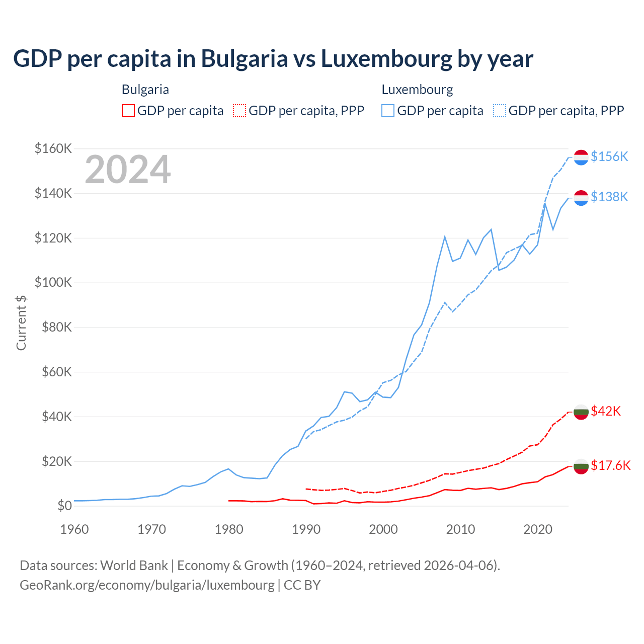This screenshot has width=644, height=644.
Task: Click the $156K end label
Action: [609, 156]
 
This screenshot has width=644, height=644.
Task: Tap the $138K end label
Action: [609, 197]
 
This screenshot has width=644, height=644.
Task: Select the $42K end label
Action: [606, 411]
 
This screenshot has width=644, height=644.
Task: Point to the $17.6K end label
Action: [610, 465]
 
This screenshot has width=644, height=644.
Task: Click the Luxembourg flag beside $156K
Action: [581, 157]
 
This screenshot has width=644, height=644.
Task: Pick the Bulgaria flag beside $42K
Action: [581, 412]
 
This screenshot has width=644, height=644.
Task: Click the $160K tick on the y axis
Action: [53, 148]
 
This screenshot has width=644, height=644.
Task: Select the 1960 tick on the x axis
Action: [74, 529]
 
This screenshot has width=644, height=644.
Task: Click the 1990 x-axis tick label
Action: [306, 529]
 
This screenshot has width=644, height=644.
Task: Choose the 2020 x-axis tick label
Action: [538, 529]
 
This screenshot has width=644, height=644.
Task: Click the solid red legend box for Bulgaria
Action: [128, 111]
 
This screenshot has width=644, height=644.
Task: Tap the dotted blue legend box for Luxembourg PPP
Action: [500, 111]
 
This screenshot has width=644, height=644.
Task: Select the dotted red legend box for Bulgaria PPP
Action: [239, 111]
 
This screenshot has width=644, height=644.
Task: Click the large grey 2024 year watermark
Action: [128, 170]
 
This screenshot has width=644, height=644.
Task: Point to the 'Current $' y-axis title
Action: [21, 323]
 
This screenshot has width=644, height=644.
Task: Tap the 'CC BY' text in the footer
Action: [302, 585]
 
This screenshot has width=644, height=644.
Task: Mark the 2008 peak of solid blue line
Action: [445, 236]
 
